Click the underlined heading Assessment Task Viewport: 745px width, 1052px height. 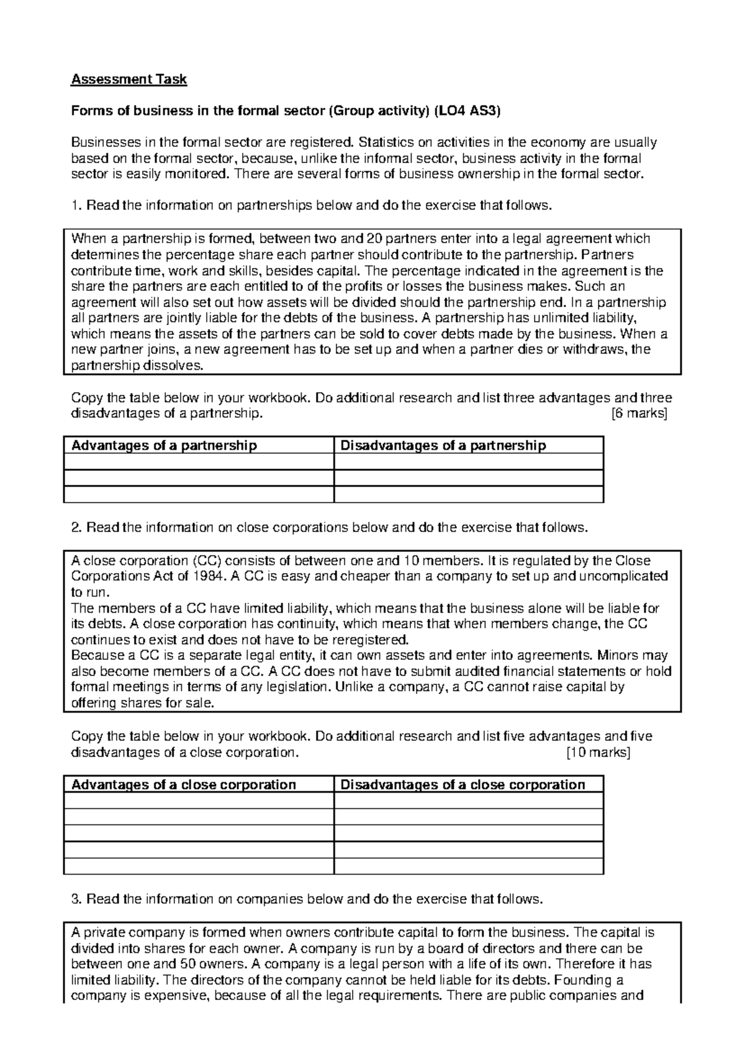click(129, 79)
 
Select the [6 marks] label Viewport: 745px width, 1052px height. click(639, 414)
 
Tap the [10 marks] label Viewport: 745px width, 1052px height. click(598, 752)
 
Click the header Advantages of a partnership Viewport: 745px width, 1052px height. click(164, 445)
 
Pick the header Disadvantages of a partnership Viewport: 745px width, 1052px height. click(443, 445)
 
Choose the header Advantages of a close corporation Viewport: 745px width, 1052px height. click(184, 785)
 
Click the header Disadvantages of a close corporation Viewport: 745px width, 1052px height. click(463, 785)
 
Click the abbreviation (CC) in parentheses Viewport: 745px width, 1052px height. click(202, 561)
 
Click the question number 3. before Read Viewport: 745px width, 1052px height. click(76, 899)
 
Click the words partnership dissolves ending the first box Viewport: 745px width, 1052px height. click(137, 366)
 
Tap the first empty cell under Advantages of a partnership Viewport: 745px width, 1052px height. click(198, 462)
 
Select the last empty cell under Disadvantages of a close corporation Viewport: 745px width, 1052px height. click(468, 867)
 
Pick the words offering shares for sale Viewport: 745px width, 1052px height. click(142, 703)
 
